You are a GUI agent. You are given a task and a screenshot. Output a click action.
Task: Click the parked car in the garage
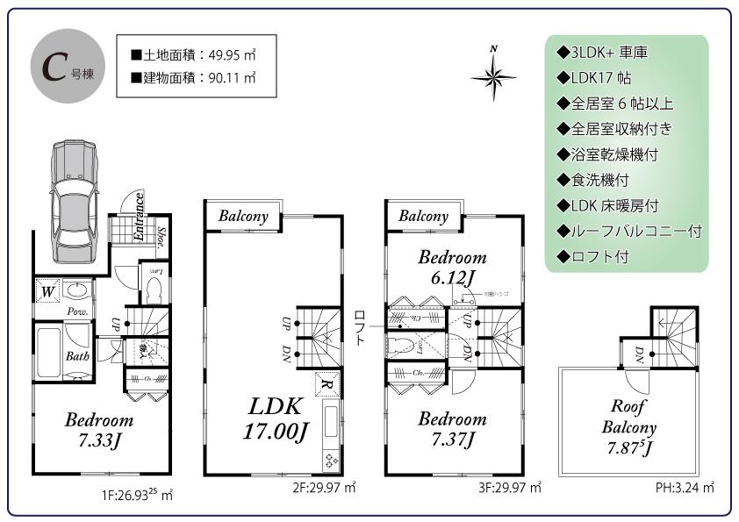click(72, 202)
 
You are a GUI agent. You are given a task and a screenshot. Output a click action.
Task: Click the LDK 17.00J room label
click(274, 418)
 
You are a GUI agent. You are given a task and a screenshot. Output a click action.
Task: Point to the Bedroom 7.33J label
click(99, 430)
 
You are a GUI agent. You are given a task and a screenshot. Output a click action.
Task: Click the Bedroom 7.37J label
click(451, 428)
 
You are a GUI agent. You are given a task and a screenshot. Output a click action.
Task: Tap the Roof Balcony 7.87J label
click(628, 428)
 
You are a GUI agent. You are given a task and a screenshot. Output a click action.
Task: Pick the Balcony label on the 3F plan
click(423, 216)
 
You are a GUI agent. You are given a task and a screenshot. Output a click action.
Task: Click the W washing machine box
click(47, 290)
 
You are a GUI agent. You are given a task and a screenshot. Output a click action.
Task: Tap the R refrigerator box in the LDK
click(325, 384)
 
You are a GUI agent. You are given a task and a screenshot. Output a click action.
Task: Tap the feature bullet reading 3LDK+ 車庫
click(603, 53)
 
